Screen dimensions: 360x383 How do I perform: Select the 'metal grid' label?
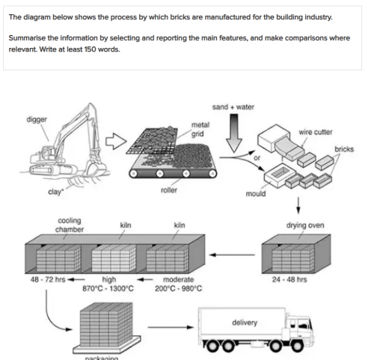[200, 129]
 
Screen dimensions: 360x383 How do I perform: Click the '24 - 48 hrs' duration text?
[298, 279]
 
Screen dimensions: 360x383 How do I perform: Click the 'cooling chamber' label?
[70, 225]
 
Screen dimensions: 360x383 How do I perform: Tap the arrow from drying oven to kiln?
[231, 254]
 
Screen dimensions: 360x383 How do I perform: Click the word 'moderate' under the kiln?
[179, 279]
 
